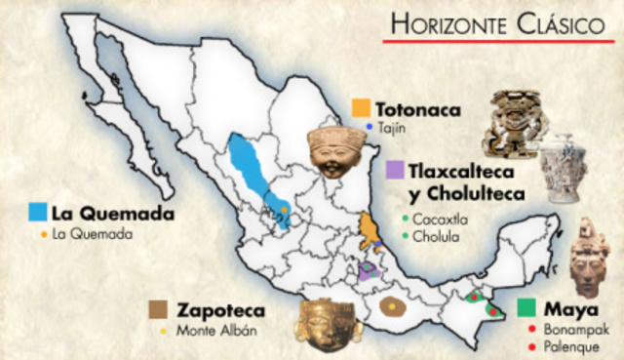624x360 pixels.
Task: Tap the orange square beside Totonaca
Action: tap(361, 108)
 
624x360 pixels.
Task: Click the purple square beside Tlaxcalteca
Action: tap(395, 171)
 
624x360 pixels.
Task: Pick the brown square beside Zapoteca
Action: tap(158, 309)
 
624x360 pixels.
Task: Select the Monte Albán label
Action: tap(215, 330)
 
